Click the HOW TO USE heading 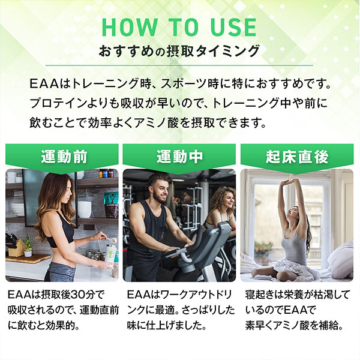[179, 27]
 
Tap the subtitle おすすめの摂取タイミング [179, 51]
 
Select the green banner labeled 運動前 [64, 157]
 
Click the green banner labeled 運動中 [179, 157]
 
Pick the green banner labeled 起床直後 [297, 157]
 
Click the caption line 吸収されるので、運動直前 [64, 311]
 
